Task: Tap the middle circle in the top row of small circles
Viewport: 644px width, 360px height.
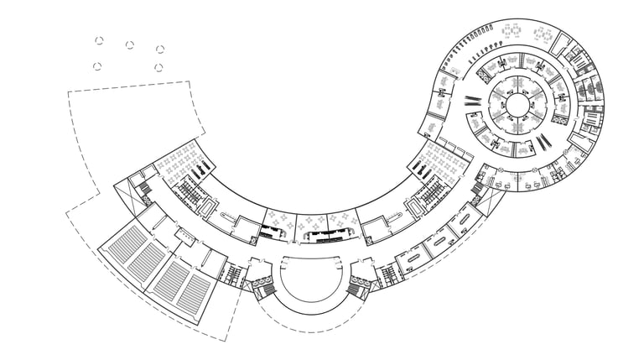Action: [130, 44]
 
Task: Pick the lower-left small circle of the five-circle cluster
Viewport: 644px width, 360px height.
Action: [97, 66]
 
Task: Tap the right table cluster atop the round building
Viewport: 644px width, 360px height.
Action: [543, 35]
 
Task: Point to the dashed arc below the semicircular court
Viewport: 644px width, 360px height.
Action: [311, 322]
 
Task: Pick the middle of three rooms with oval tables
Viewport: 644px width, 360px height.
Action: [439, 243]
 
